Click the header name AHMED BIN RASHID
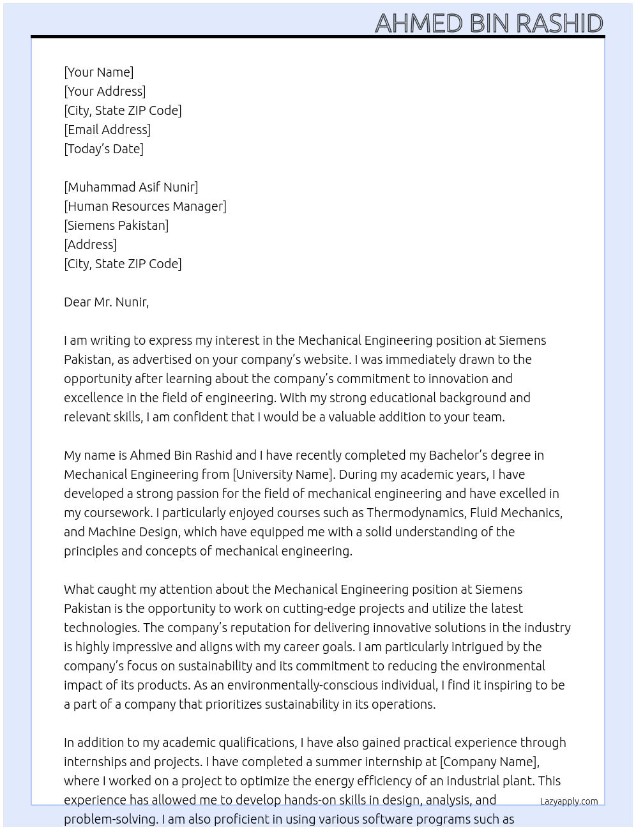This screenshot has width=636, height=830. click(x=488, y=23)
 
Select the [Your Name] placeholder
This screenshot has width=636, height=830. click(x=98, y=72)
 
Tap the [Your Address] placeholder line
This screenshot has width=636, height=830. click(x=105, y=91)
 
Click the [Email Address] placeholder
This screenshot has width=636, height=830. click(x=107, y=130)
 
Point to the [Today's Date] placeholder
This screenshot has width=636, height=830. click(x=103, y=149)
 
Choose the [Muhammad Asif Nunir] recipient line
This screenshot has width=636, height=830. click(x=131, y=187)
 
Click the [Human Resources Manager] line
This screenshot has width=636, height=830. click(x=145, y=206)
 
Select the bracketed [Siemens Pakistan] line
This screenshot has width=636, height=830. click(x=116, y=225)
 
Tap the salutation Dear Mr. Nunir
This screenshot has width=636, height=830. click(x=106, y=302)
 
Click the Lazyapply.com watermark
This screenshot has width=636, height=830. click(x=568, y=801)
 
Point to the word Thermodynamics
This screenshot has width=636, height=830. click(x=415, y=513)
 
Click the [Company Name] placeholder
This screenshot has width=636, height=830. click(x=489, y=762)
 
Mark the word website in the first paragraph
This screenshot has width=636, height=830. click(x=326, y=359)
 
